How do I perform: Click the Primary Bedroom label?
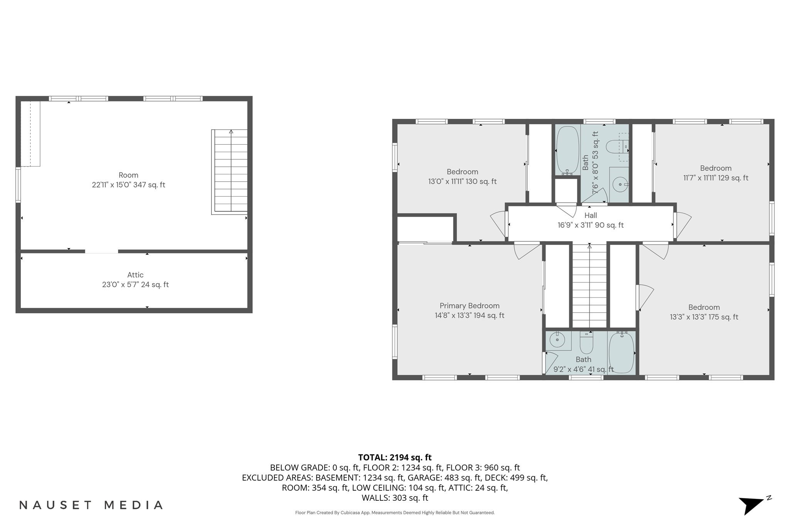pos(469,306)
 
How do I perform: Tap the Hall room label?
pos(591,215)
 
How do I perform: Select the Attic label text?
pos(135,275)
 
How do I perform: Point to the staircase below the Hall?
pos(589,287)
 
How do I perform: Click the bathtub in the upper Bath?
pos(567,150)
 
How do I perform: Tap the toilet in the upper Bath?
pos(616,147)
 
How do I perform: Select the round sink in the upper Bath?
pos(620,185)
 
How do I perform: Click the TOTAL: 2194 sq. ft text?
pos(395,458)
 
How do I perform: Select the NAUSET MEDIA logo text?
pos(91,505)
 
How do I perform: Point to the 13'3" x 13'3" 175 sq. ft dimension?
pos(704,317)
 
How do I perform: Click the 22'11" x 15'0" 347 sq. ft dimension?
pos(128,185)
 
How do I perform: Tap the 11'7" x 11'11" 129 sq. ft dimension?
pos(716,178)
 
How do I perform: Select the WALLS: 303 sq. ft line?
pos(395,498)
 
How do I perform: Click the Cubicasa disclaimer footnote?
pos(395,513)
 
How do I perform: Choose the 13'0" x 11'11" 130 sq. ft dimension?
pos(462,181)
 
